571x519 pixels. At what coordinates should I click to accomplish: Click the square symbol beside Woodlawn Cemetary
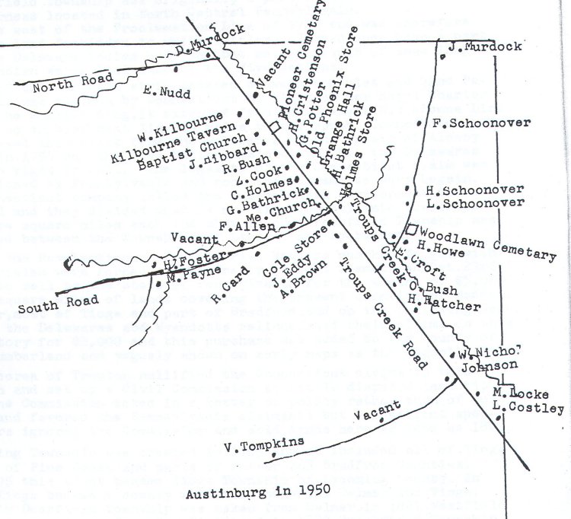(411, 230)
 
